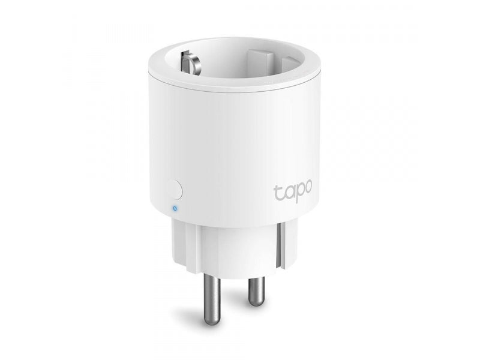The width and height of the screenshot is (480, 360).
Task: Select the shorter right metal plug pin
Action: (257, 286)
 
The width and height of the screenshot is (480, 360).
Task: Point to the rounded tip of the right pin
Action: (257, 301)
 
